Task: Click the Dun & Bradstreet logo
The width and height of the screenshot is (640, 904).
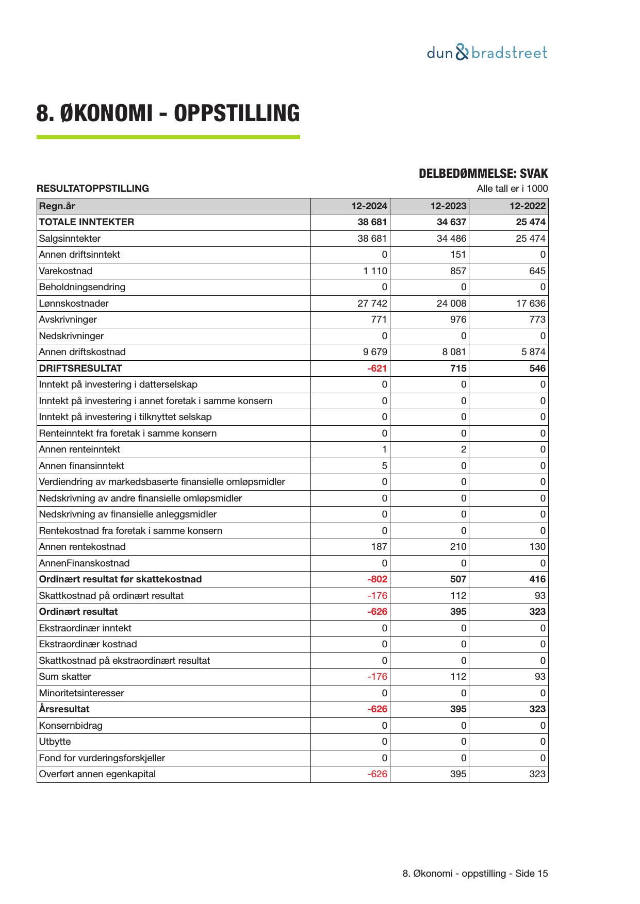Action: pos(487,53)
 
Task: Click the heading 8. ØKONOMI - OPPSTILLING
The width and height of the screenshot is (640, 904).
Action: pos(168,113)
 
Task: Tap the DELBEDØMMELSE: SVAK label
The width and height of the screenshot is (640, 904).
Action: pos(483,174)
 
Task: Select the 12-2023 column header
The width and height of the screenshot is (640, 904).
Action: pos(448,206)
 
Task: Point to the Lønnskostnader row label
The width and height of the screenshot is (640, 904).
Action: pos(74,304)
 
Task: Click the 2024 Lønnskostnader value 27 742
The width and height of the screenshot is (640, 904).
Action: pos(372,304)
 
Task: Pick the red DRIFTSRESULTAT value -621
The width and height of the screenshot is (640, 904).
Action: pos(377,369)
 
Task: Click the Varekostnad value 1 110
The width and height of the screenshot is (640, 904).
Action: pos(375,271)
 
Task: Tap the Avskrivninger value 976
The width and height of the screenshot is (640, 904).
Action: pos(458,320)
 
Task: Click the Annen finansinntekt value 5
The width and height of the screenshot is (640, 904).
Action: pos(384,466)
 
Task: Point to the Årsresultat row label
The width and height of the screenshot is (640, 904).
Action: pos(64,709)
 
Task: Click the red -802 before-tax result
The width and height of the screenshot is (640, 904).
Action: pos(377,579)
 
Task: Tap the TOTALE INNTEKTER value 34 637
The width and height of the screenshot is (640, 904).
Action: pos(451,222)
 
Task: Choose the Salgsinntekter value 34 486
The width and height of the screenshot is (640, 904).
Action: pos(451,239)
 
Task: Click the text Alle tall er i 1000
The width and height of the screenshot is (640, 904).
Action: pos(512,189)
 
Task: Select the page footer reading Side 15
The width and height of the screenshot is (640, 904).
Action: pos(475,874)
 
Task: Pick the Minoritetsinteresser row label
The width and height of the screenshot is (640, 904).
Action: pos(81,693)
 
